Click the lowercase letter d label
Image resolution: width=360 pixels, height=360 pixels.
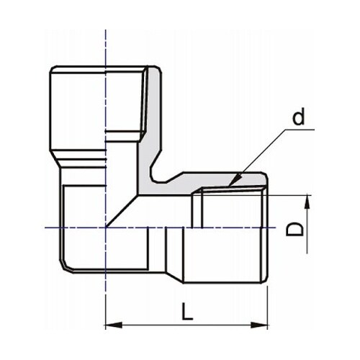pos(298,117)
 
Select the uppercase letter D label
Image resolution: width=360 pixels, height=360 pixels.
pos(294,229)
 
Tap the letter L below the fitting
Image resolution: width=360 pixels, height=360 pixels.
pos(187,311)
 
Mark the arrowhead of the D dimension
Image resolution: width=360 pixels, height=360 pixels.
pos(307,201)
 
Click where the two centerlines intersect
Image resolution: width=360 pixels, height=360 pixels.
pos(106,228)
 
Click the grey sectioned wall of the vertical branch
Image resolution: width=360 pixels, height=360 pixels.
pos(150,122)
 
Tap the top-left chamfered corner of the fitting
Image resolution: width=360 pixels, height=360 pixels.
pos(53,70)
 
